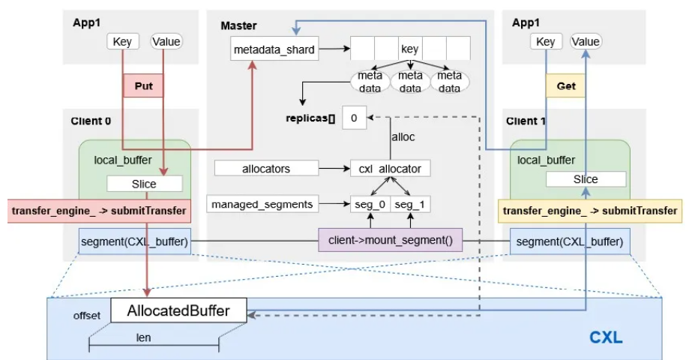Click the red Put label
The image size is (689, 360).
[142, 86]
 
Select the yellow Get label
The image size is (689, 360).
[566, 86]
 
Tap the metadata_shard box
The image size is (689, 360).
[274, 51]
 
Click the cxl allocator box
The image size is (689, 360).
[390, 168]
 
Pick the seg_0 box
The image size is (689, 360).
[370, 203]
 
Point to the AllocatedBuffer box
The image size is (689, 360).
[179, 310]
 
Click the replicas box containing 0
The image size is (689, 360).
[353, 117]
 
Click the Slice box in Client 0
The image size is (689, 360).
[144, 183]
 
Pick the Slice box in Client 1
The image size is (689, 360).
[585, 179]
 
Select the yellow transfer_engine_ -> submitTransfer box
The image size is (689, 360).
[591, 211]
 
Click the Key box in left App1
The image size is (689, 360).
[122, 41]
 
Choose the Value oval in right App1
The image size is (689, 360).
[586, 41]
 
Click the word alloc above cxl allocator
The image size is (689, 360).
[403, 138]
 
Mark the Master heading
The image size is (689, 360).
[238, 25]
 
